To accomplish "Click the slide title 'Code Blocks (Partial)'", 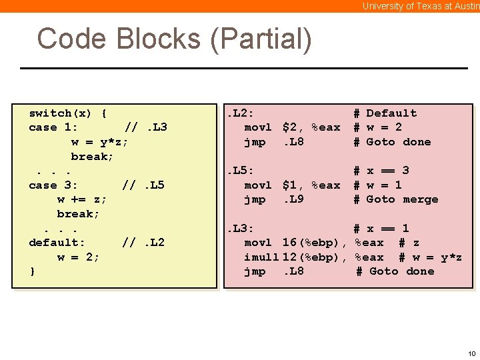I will pyautogui.click(x=174, y=39).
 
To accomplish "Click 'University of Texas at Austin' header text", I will pyautogui.click(x=420, y=6).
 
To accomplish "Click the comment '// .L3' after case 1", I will pyautogui.click(x=146, y=127).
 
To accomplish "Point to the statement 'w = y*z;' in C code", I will pyautogui.click(x=99, y=142).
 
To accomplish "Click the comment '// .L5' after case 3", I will pyautogui.click(x=143, y=185).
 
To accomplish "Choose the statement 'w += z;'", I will pyautogui.click(x=82, y=199).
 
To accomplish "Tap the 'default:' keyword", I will pyautogui.click(x=57, y=243).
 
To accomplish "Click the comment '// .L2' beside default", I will pyautogui.click(x=143, y=243).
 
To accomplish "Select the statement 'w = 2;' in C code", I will pyautogui.click(x=78, y=257).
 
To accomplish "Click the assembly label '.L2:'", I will pyautogui.click(x=241, y=113).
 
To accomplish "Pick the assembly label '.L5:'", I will pyautogui.click(x=241, y=171).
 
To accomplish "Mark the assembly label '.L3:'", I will pyautogui.click(x=241, y=229).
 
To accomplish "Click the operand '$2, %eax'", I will pyautogui.click(x=311, y=127).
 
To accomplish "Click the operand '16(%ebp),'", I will pyautogui.click(x=315, y=243).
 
